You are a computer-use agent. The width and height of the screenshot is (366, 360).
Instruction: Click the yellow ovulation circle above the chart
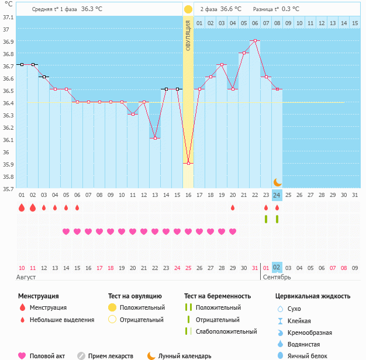click(188, 9)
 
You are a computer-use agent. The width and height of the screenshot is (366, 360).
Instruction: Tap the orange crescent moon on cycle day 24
click(278, 182)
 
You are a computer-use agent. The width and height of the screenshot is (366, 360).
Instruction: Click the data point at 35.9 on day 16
click(188, 163)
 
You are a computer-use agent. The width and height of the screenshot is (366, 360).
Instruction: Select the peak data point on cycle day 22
click(255, 40)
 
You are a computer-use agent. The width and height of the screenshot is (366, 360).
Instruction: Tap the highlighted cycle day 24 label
click(277, 195)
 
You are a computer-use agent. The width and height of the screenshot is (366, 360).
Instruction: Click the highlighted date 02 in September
click(277, 268)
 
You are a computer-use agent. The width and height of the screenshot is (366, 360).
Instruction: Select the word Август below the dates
click(26, 277)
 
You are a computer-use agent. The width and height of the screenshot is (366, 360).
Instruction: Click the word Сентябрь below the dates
click(276, 277)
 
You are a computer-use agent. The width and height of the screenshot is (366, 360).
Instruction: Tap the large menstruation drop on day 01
click(22, 207)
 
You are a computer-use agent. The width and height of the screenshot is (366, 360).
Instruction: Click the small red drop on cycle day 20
click(233, 207)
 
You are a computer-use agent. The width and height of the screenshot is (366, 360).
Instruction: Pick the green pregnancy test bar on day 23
click(266, 219)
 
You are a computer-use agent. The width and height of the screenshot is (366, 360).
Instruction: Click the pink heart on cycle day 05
click(66, 231)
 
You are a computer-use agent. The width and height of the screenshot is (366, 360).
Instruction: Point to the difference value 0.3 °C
click(291, 9)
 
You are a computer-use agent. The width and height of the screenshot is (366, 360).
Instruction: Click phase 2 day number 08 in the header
click(277, 23)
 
